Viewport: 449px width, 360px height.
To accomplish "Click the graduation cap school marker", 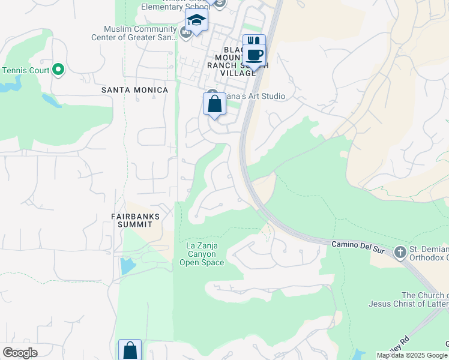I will [196, 20].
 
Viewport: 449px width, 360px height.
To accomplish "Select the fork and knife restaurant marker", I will [254, 43].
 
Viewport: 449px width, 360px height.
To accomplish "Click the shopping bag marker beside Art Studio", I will [214, 105].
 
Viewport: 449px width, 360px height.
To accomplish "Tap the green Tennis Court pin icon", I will [58, 70].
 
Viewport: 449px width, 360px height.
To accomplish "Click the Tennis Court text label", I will [25, 70].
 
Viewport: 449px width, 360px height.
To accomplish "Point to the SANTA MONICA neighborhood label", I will [134, 90].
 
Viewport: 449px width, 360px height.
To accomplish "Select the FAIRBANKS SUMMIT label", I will [131, 220].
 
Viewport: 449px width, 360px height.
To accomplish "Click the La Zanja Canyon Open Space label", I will [201, 254].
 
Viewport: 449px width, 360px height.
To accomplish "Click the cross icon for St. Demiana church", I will [400, 253].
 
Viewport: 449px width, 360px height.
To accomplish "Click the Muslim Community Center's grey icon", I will [185, 31].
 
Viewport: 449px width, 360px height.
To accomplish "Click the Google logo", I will [20, 353].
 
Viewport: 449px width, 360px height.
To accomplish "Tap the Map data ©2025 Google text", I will [412, 355].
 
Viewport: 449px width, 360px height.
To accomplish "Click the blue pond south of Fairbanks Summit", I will [128, 265].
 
